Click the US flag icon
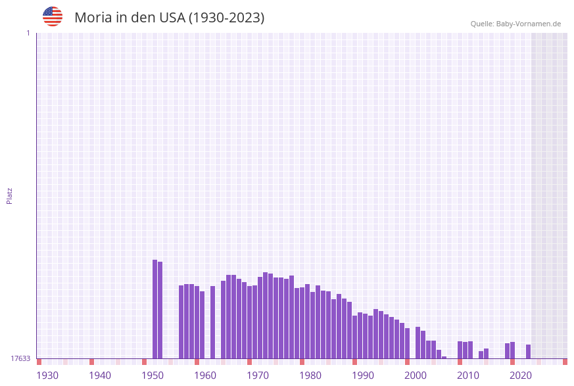click(x=53, y=16)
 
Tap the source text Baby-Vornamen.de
click(x=528, y=24)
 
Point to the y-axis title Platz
click(x=10, y=195)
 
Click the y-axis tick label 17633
click(x=20, y=358)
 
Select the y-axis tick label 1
click(x=28, y=33)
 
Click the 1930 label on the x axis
click(x=47, y=375)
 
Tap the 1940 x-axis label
click(x=100, y=375)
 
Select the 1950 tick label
click(x=153, y=375)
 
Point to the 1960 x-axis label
click(x=205, y=375)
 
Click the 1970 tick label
click(x=258, y=375)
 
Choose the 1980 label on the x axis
click(x=310, y=375)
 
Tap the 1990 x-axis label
click(x=363, y=375)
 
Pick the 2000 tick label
click(x=416, y=375)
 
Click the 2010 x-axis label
click(x=468, y=375)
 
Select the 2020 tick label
click(x=521, y=375)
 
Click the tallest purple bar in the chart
click(x=155, y=309)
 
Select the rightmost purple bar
click(x=528, y=352)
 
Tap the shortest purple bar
click(x=444, y=357)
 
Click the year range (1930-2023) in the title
click(x=226, y=18)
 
